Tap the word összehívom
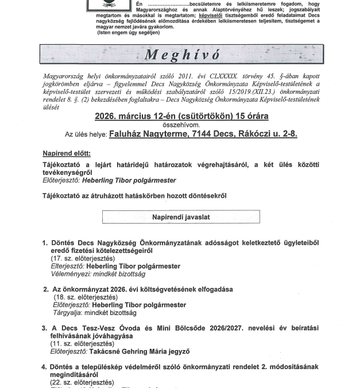click(x=180, y=124)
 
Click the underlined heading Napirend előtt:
click(x=67, y=153)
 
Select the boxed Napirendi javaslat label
click(x=181, y=217)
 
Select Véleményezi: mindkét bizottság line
click(x=90, y=274)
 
